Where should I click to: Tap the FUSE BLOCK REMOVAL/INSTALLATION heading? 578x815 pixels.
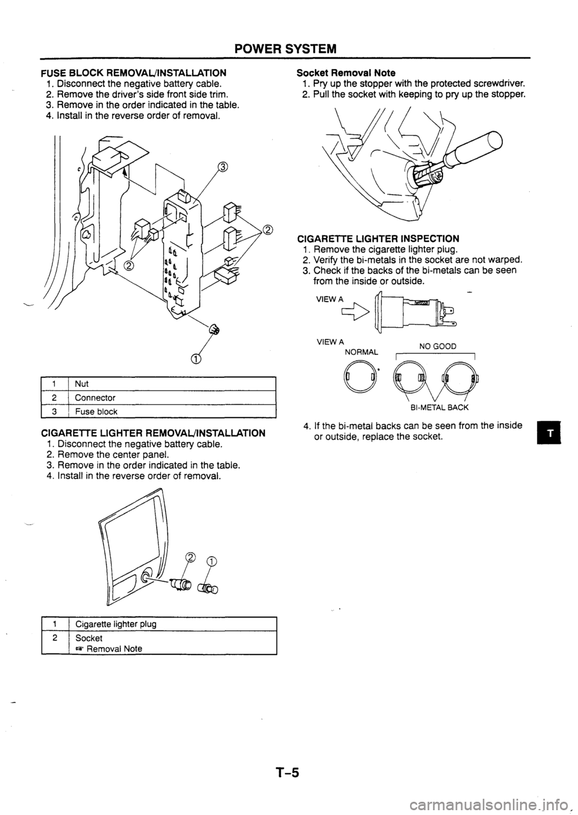pyautogui.click(x=134, y=72)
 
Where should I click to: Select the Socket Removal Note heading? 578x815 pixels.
pyautogui.click(x=346, y=72)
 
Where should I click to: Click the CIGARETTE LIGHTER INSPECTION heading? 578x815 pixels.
pyautogui.click(x=379, y=239)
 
